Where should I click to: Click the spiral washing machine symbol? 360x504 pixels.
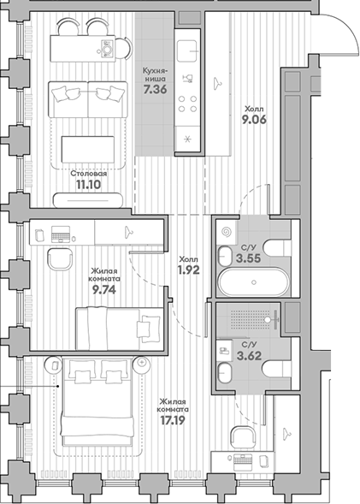point(226,231)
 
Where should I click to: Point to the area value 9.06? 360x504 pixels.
point(255,122)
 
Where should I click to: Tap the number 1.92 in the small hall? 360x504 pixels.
point(188,270)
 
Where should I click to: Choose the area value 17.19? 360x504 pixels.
point(173,420)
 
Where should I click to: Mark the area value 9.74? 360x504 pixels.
point(103,288)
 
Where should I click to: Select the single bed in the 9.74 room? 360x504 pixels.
point(118,326)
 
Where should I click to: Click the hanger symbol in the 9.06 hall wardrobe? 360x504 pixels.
point(219,83)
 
